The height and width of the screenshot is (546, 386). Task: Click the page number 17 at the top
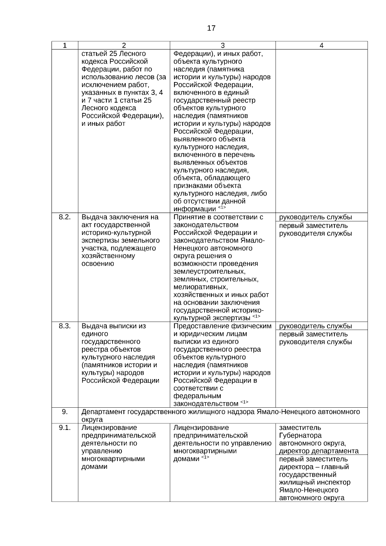click(x=211, y=28)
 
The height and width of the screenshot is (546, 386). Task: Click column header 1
click(x=65, y=45)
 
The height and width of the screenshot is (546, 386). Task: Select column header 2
click(x=124, y=45)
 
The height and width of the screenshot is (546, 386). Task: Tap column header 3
click(x=223, y=45)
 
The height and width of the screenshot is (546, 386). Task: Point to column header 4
click(x=321, y=45)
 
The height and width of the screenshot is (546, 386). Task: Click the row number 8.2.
click(x=65, y=217)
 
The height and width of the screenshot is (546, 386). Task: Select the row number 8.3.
click(x=65, y=326)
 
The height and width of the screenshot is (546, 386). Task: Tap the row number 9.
click(x=65, y=412)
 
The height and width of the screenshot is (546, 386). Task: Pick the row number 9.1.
click(x=65, y=428)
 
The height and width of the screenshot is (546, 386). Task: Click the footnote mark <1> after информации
click(x=222, y=207)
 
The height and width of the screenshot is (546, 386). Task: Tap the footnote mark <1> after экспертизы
click(x=256, y=316)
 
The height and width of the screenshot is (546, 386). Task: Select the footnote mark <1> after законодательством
click(x=244, y=402)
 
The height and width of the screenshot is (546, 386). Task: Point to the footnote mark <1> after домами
click(x=205, y=457)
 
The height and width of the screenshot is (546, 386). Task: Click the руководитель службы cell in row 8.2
click(x=315, y=217)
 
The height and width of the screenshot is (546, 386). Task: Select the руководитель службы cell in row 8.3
click(x=315, y=326)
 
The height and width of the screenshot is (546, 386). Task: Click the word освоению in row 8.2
click(x=97, y=264)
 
